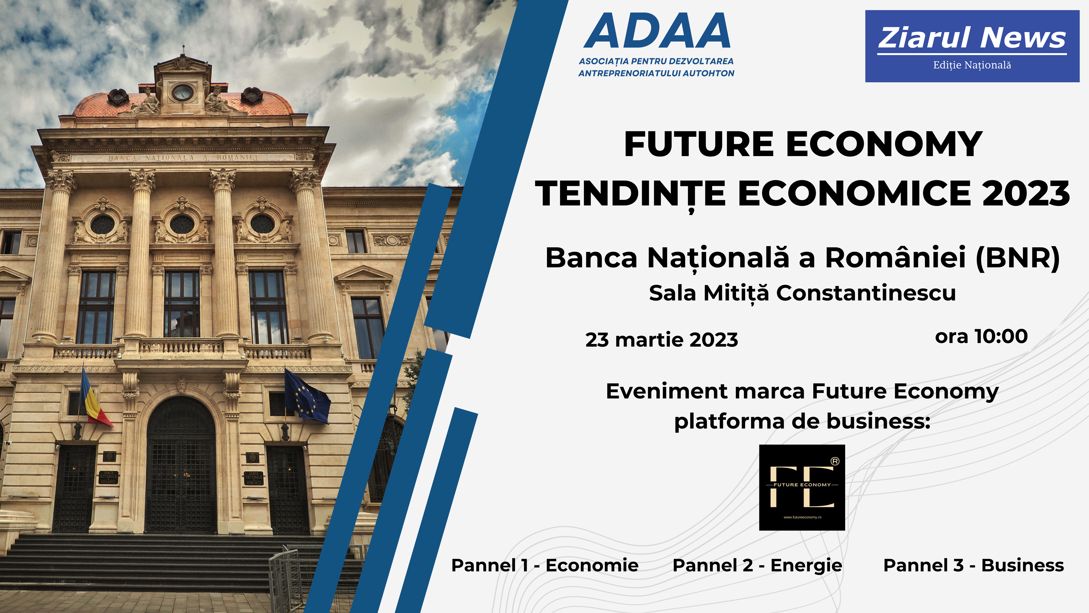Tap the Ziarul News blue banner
(x=972, y=46)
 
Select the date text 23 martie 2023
(x=662, y=340)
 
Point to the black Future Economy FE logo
(x=802, y=487)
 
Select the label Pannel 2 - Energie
(x=757, y=566)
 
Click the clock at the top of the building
(x=183, y=92)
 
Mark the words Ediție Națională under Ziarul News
(x=972, y=65)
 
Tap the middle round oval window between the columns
(x=182, y=224)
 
